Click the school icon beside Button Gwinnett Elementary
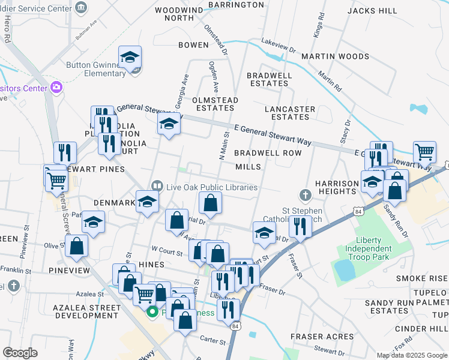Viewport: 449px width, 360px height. pyautogui.click(x=130, y=58)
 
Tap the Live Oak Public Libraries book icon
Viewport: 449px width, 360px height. pyautogui.click(x=157, y=187)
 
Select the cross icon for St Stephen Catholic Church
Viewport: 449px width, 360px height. pyautogui.click(x=306, y=196)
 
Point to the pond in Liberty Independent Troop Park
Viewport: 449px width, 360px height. pyautogui.click(x=345, y=271)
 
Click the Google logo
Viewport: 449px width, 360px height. pyautogui.click(x=20, y=352)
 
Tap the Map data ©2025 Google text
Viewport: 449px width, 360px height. pyautogui.click(x=411, y=355)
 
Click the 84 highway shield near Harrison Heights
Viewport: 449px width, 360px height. pyautogui.click(x=358, y=211)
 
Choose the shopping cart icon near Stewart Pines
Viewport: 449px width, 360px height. pyautogui.click(x=56, y=178)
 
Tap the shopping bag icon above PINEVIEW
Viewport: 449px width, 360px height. pyautogui.click(x=77, y=245)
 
